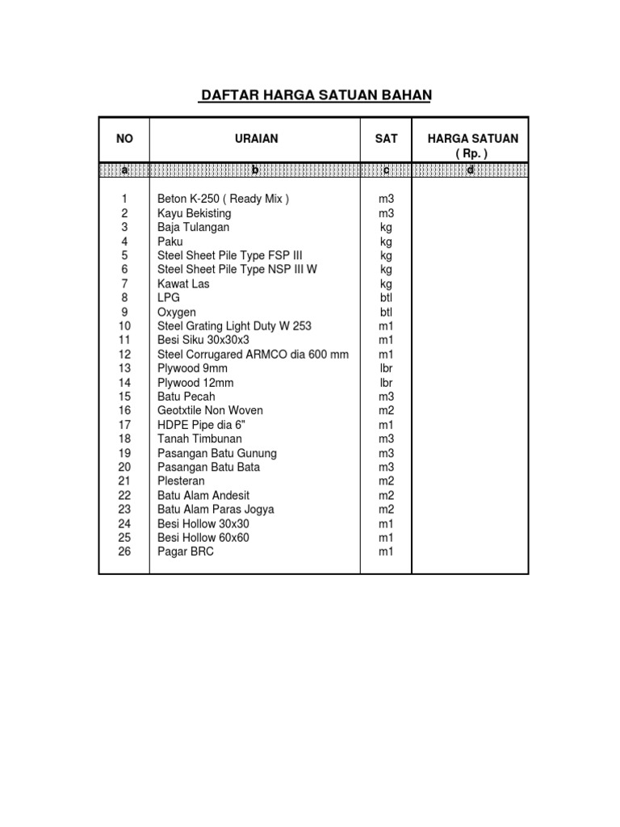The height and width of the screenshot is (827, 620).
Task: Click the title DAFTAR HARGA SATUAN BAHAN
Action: click(316, 95)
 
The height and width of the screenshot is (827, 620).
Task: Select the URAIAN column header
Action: click(255, 139)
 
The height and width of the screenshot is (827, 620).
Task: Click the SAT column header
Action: click(386, 139)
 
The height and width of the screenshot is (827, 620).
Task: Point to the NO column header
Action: click(124, 139)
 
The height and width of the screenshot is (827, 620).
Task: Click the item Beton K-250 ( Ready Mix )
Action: click(223, 199)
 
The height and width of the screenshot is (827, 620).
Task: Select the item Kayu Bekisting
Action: click(194, 213)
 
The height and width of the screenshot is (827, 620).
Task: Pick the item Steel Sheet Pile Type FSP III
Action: click(230, 255)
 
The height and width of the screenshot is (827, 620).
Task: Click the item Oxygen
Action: click(177, 312)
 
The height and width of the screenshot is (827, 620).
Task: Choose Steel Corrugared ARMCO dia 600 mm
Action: click(253, 354)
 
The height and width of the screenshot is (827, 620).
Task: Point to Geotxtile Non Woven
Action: click(210, 410)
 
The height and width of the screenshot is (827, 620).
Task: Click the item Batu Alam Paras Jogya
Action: click(216, 509)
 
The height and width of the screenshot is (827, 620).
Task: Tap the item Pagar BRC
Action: click(186, 552)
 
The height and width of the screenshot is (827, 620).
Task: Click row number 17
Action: click(124, 425)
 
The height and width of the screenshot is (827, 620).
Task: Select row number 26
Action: click(124, 552)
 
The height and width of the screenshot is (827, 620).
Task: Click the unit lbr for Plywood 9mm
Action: click(386, 368)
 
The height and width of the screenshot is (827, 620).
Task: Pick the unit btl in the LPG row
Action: click(386, 298)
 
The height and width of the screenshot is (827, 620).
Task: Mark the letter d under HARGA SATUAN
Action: click(470, 170)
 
